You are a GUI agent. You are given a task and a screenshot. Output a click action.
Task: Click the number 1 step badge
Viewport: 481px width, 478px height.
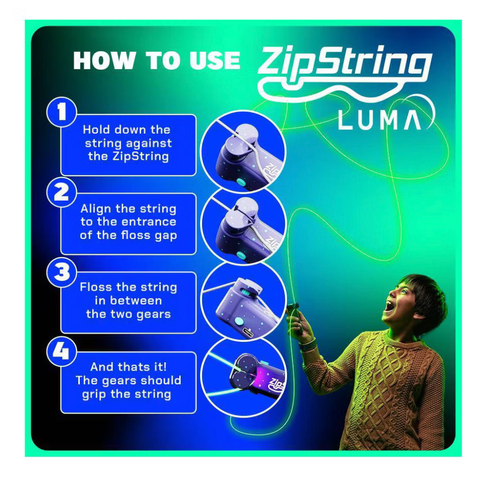(61, 112)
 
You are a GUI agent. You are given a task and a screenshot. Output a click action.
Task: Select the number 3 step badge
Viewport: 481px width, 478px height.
(61, 272)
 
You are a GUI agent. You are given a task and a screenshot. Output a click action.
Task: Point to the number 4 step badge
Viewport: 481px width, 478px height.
(61, 351)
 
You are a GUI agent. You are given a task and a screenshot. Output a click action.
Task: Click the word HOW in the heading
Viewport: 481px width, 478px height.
(104, 60)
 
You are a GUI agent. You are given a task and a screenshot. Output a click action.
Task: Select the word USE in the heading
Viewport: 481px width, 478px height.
(215, 60)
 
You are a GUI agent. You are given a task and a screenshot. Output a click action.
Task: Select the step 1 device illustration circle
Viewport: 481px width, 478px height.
(243, 151)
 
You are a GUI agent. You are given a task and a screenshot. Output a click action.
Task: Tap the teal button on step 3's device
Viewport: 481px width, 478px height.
(238, 322)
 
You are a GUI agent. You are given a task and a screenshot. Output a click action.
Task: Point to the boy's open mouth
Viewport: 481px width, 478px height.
(389, 305)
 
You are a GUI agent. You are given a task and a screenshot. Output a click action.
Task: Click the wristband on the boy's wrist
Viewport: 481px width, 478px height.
(308, 344)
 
